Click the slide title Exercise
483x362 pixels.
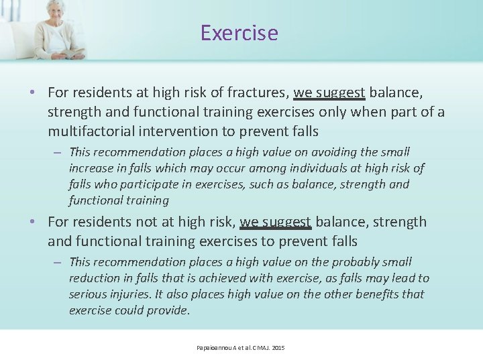click(239, 33)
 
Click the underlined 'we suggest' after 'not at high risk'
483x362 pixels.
click(275, 222)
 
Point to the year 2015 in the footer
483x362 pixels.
click(278, 348)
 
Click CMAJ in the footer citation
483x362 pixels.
click(260, 348)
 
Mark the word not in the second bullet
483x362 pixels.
click(154, 222)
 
